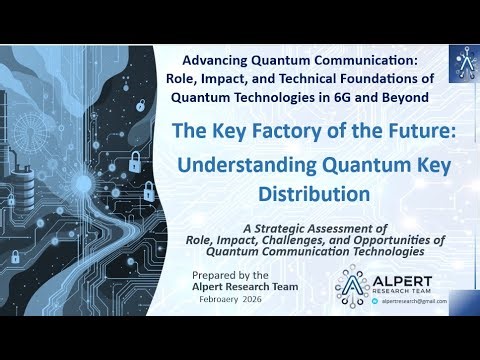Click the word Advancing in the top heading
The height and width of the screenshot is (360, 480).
215,59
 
